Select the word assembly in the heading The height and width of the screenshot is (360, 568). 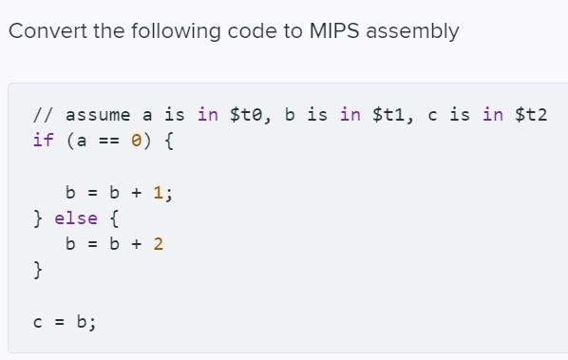tap(412, 31)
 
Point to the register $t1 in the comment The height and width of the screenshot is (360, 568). tap(391, 115)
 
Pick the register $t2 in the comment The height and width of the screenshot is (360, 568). tap(532, 115)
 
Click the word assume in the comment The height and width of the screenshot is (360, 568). tap(98, 115)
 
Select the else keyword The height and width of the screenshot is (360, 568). tap(76, 218)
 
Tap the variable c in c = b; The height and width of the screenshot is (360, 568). tap(38, 322)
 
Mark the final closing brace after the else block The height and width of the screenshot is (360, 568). tap(38, 271)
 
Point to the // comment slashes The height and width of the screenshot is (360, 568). tap(43, 115)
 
